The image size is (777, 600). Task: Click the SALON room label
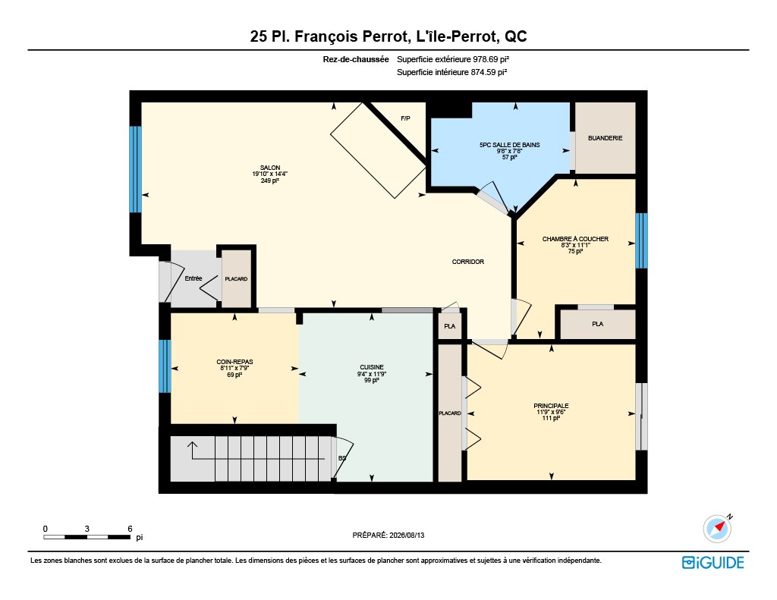(270, 168)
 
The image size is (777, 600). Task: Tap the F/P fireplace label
(405, 118)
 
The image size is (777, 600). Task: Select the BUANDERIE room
(605, 138)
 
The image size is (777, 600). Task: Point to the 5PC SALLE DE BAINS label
(509, 145)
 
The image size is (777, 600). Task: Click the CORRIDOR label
(467, 262)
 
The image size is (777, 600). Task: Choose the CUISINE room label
(372, 368)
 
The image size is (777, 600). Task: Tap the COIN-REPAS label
(234, 362)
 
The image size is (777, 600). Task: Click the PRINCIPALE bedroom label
(551, 406)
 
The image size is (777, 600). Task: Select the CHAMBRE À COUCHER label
(575, 239)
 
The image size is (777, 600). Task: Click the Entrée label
(193, 278)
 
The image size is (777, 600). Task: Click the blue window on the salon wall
(135, 169)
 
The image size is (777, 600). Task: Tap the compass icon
(718, 529)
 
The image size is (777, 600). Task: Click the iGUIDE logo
(713, 562)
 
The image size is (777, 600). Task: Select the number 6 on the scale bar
(131, 529)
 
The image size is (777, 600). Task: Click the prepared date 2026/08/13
(407, 535)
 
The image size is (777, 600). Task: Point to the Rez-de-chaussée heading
(356, 59)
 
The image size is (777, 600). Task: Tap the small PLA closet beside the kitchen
(449, 326)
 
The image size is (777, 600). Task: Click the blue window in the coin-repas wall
(165, 366)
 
